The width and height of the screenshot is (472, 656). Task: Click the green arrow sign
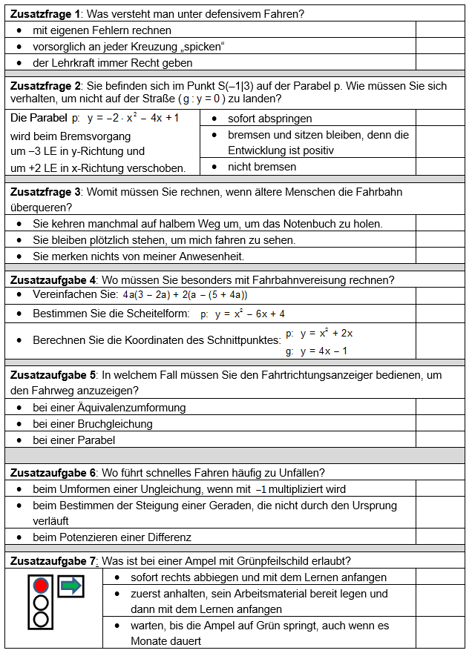(71, 586)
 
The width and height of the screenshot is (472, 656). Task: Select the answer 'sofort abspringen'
(269, 119)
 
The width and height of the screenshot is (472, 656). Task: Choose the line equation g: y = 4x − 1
(317, 351)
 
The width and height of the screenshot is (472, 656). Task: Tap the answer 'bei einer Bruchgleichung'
(93, 424)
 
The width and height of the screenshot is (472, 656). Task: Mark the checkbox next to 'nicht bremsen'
(439, 167)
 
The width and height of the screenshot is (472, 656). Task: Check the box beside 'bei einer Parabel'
(439, 440)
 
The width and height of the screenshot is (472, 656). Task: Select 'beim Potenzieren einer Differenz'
(112, 537)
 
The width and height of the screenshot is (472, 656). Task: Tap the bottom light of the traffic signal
(42, 618)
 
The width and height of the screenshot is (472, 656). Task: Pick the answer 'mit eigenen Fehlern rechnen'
(102, 30)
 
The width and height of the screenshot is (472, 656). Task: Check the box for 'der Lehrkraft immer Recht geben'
(439, 63)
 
